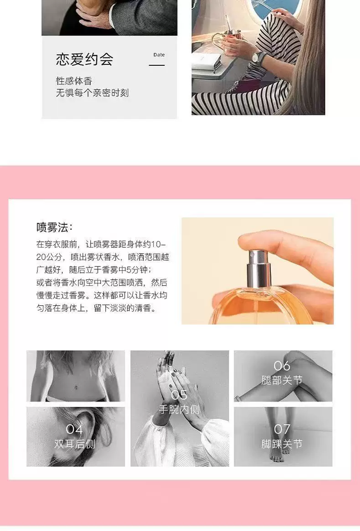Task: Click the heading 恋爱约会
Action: click(84, 59)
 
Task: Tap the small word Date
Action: click(159, 55)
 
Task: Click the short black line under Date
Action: click(157, 65)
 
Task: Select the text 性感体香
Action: click(74, 81)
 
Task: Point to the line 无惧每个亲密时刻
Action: click(92, 93)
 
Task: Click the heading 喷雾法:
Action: click(54, 227)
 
